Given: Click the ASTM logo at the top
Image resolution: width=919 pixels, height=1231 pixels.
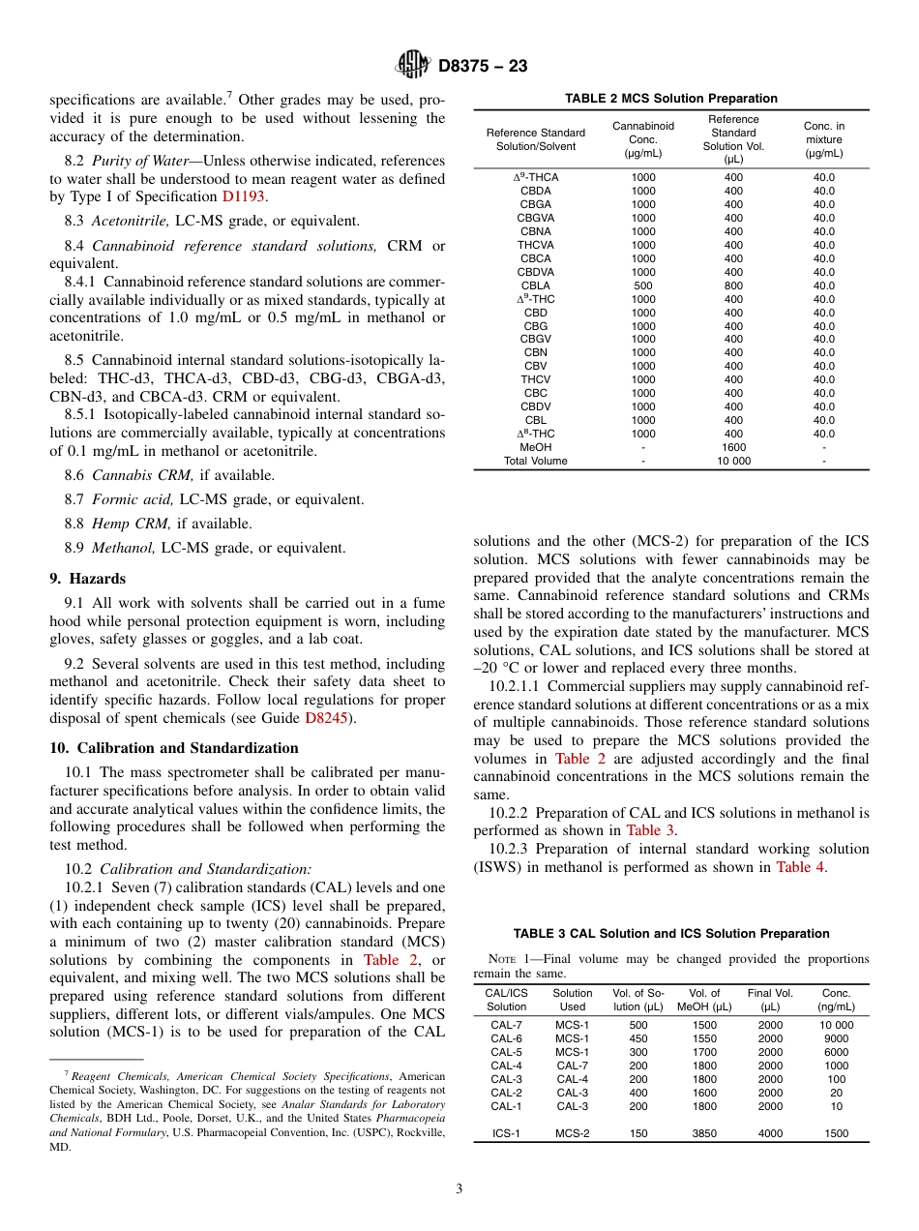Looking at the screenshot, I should tap(413, 65).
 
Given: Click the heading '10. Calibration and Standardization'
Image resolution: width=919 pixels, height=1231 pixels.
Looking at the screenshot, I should tap(173, 748).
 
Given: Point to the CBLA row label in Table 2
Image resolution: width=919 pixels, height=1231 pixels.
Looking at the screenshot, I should tap(535, 285).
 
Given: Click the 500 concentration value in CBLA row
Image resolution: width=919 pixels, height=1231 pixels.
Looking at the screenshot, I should tap(642, 285).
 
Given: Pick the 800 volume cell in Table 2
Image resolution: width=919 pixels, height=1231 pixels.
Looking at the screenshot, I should tap(733, 285).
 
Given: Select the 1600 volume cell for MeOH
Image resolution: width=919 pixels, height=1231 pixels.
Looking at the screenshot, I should tap(733, 447).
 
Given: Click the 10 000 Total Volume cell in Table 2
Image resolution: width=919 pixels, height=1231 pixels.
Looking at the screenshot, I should tap(733, 461).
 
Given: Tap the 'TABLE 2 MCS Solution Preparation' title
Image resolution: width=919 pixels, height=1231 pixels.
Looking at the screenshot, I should tap(670, 99).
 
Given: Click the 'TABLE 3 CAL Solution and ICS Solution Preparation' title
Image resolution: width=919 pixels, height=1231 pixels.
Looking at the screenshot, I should tap(670, 934).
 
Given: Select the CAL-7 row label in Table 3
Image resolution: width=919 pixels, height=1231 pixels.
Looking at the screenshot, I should tap(506, 1025).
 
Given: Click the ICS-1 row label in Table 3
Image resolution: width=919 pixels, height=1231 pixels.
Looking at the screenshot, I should tap(506, 1133).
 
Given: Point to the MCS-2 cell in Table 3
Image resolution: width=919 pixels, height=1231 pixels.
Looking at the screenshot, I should tap(572, 1133).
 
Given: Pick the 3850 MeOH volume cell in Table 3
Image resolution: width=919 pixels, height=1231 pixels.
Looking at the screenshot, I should tap(704, 1133).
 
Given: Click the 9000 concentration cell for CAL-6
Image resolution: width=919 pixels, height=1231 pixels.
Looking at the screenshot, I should tap(836, 1038).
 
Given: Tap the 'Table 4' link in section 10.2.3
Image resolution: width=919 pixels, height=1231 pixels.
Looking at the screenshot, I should tap(800, 867).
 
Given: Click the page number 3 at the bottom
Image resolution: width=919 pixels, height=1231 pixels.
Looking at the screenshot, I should tap(459, 1187).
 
